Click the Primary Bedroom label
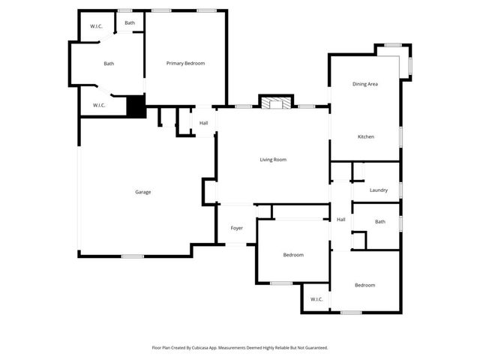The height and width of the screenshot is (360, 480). pos(185,63)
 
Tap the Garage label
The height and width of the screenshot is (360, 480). pos(142,192)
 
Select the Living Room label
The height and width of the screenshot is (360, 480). pos(273,159)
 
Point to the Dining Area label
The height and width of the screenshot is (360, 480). pos(364,84)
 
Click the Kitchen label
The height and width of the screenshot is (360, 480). pos(365,136)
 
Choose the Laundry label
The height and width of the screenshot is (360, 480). pos(379,190)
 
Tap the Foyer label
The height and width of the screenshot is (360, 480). pos(236,228)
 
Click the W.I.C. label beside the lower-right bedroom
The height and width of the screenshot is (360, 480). pos(316,299)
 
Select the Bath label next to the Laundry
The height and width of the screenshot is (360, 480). pos(379,221)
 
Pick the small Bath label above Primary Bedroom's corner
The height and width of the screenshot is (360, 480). pos(130,23)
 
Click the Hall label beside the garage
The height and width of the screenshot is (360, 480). pos(203,123)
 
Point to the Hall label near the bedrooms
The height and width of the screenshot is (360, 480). pos(340,219)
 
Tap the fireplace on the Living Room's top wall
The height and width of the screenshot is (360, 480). pos(275,102)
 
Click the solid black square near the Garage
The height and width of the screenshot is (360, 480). pos(136,107)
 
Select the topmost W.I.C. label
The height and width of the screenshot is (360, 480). pos(97,26)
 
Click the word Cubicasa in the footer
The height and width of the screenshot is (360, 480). pos(198,348)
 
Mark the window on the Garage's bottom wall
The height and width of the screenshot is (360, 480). pos(133,256)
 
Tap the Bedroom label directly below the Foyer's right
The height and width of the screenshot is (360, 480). pos(293,255)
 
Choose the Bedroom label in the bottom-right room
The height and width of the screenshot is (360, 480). pos(364,285)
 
